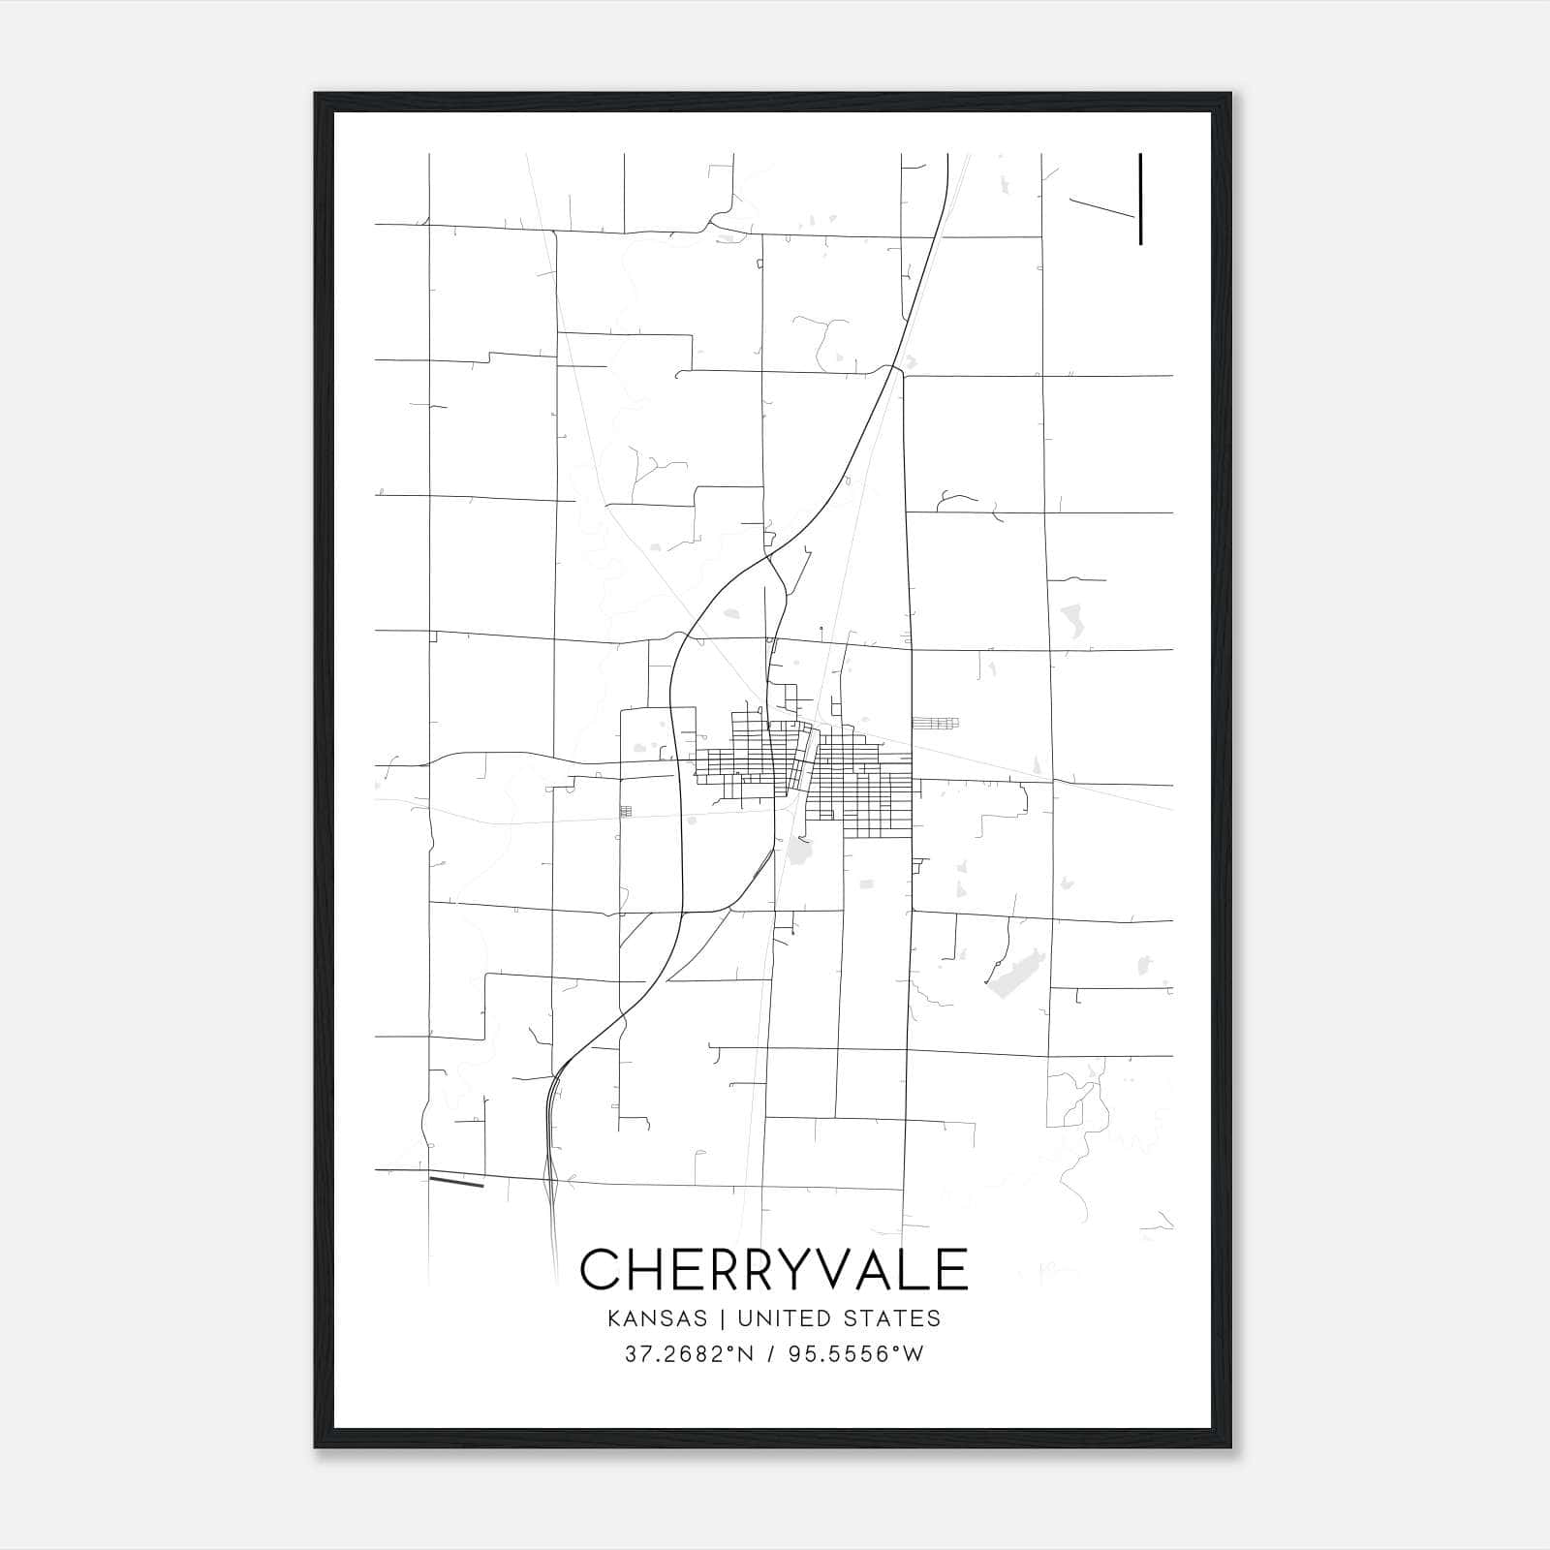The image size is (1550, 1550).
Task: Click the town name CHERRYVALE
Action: (773, 1269)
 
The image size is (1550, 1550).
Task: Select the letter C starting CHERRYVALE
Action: (601, 1269)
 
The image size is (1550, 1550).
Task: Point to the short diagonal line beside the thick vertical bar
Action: (1101, 208)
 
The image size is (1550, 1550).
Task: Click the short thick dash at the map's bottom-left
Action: (456, 1182)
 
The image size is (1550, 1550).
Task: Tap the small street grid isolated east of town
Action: (935, 723)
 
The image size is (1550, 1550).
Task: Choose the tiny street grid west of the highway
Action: (626, 811)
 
